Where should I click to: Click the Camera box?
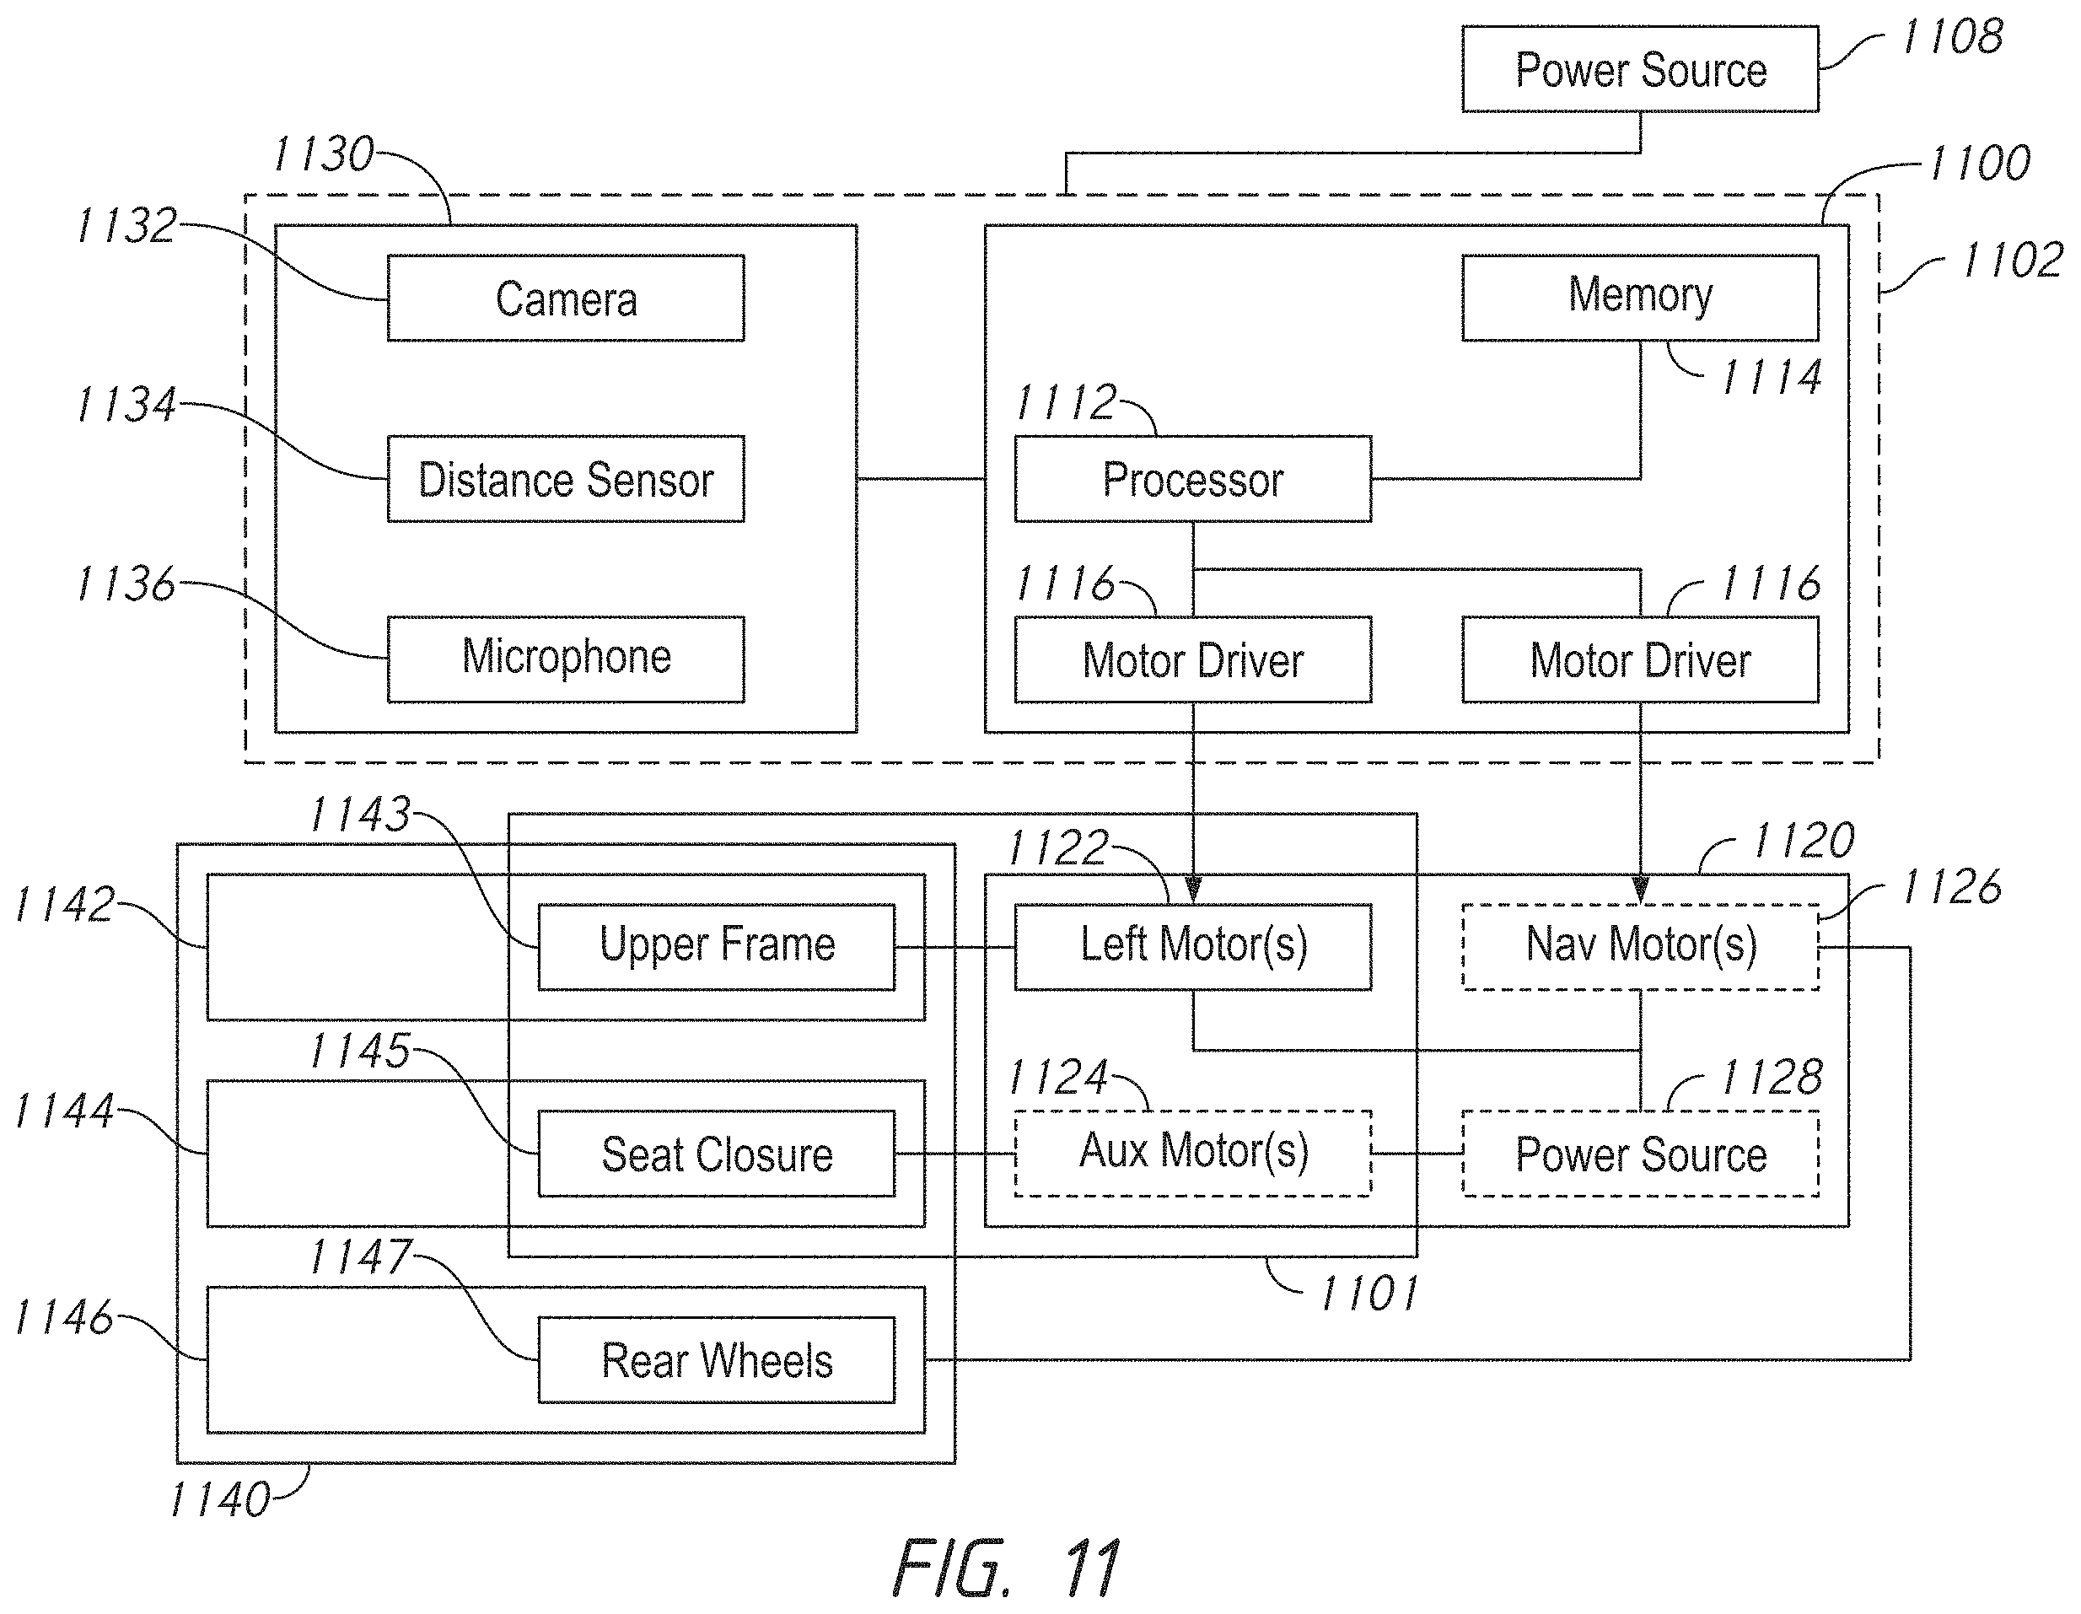(566, 299)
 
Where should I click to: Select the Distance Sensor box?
(566, 479)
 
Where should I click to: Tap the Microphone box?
(566, 659)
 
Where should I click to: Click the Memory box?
(1640, 299)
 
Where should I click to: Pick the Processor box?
(1193, 479)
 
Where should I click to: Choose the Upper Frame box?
(717, 947)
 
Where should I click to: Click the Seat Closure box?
(717, 1154)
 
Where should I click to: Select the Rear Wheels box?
(717, 1359)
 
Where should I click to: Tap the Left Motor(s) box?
(1193, 947)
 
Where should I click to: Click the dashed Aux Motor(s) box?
(1193, 1153)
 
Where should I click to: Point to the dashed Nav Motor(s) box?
(1640, 947)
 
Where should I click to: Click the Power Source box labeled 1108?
(1640, 69)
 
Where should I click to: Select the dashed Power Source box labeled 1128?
(1640, 1154)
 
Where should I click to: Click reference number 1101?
(1369, 1294)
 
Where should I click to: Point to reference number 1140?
(220, 1499)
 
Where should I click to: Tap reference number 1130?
(324, 154)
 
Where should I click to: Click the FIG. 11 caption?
(1005, 1568)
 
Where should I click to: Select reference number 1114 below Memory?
(1772, 377)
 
